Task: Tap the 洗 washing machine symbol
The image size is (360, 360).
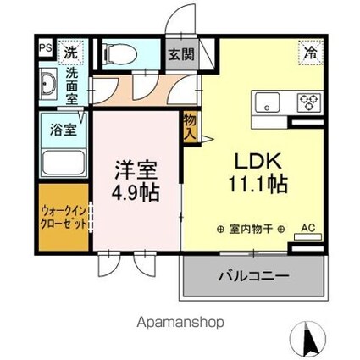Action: point(71,51)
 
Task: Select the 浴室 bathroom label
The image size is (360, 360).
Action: point(53,130)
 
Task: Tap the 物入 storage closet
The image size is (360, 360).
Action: point(190,129)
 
